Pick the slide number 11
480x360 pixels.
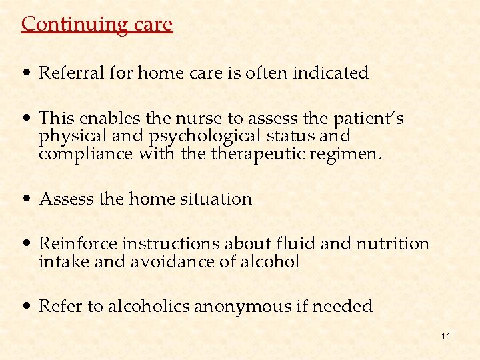pyautogui.click(x=445, y=336)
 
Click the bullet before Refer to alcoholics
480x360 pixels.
pyautogui.click(x=28, y=307)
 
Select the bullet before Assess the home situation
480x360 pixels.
pyautogui.click(x=28, y=199)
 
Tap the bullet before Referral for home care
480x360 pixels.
pyautogui.click(x=28, y=73)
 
